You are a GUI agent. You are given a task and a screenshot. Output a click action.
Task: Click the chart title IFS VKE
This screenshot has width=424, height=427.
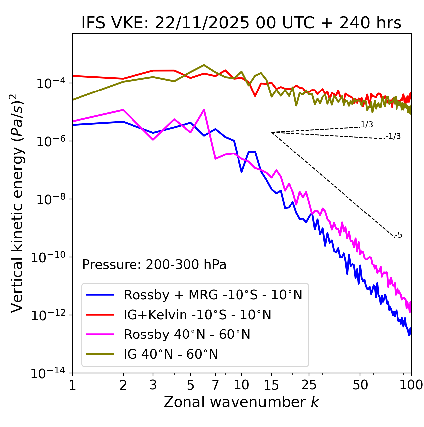[241, 23]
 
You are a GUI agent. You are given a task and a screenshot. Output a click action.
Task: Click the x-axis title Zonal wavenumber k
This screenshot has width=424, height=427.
[241, 402]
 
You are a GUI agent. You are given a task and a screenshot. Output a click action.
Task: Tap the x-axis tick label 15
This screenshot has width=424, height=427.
[271, 385]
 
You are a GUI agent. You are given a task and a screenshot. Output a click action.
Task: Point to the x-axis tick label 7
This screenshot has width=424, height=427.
[215, 385]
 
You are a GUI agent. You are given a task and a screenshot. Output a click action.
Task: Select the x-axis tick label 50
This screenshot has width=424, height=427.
[360, 385]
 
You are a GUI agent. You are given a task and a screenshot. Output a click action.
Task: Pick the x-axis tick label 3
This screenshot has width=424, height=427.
[153, 385]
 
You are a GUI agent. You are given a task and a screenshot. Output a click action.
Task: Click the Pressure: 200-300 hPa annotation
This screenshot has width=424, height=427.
[154, 265]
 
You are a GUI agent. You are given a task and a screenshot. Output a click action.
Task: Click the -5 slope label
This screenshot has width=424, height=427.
[399, 235]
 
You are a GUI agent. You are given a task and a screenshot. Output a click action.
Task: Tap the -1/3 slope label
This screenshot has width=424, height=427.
[394, 136]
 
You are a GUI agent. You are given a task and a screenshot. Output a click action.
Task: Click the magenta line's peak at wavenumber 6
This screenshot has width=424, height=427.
[204, 110]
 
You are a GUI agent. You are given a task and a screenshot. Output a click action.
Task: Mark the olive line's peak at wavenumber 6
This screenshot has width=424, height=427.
[204, 65]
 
